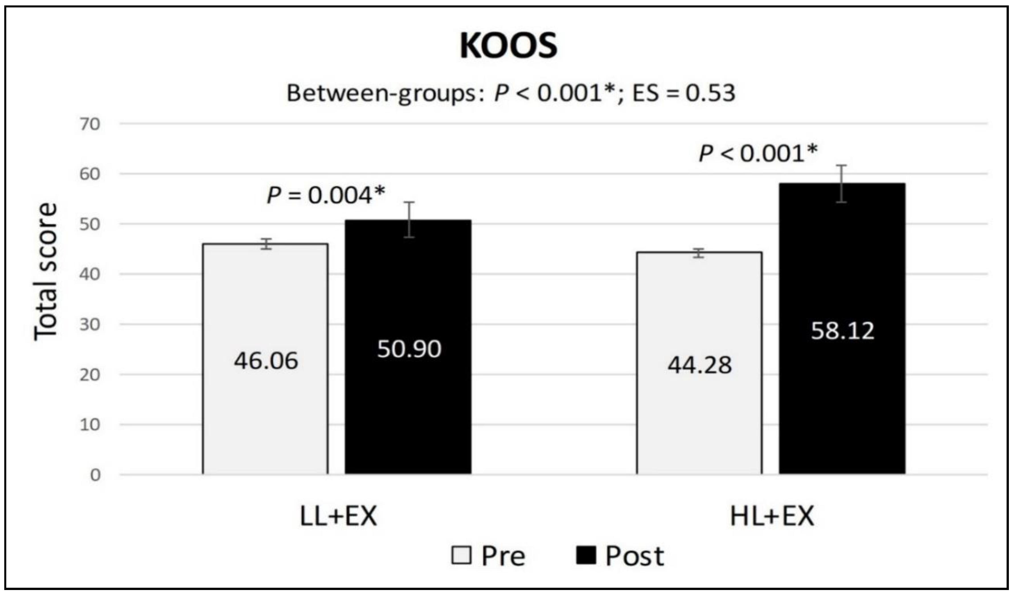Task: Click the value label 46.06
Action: (266, 361)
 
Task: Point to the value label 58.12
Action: (843, 331)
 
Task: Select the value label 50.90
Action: (409, 349)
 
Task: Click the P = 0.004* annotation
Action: (326, 196)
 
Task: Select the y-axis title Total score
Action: (45, 272)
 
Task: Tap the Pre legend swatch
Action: (461, 556)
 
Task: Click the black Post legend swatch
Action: (586, 556)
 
